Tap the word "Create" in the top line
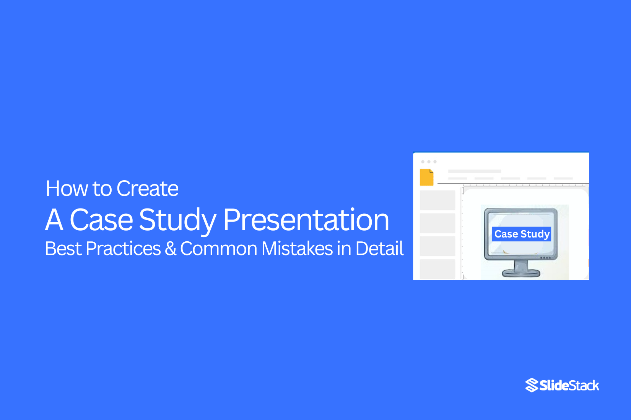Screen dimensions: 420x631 147,189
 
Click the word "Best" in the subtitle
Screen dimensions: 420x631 63,249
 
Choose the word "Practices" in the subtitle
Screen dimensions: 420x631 123,249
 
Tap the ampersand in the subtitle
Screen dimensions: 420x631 171,249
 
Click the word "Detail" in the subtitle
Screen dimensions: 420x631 379,249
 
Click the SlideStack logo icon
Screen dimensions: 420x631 532,385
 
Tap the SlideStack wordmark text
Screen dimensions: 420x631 569,386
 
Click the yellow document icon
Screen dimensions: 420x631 426,177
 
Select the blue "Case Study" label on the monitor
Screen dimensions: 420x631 522,234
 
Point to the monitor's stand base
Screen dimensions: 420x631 521,273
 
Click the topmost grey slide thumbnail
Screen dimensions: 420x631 437,200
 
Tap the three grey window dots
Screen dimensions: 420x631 429,162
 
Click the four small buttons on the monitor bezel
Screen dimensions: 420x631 545,258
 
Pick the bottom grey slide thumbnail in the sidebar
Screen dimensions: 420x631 437,269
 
